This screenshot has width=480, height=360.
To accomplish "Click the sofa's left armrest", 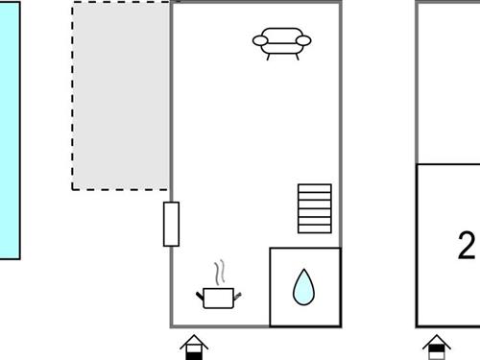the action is click(x=260, y=40).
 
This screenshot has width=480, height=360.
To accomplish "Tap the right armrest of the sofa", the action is click(x=303, y=40).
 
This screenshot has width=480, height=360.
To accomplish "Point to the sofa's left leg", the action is click(x=269, y=57).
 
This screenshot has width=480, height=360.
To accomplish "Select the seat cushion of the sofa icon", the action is click(x=281, y=48).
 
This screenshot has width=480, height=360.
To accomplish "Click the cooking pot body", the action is click(x=218, y=299).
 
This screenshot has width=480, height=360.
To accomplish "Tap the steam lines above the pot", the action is click(x=220, y=272).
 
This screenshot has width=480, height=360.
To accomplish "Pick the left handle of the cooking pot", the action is click(x=200, y=296).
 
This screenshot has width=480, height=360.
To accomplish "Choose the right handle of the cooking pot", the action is click(x=237, y=297).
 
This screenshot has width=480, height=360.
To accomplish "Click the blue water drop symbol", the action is click(x=303, y=287).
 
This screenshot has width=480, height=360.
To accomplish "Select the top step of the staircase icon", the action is click(x=315, y=188).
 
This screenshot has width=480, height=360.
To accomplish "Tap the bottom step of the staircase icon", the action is click(x=315, y=228).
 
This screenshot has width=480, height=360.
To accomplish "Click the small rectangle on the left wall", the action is click(x=171, y=224).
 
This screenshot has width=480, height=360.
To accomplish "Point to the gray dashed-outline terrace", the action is click(x=121, y=96).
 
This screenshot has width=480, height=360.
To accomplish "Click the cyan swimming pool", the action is click(x=10, y=131).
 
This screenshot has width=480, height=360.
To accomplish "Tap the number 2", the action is click(x=467, y=246).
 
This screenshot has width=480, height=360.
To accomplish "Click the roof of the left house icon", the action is click(x=194, y=341).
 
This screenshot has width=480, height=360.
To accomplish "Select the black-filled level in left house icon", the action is click(x=194, y=356).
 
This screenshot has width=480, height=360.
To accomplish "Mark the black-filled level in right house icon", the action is click(x=437, y=348).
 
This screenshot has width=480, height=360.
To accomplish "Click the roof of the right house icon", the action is click(x=437, y=341).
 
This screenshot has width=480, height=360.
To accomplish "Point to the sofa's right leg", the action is click(x=297, y=57).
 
